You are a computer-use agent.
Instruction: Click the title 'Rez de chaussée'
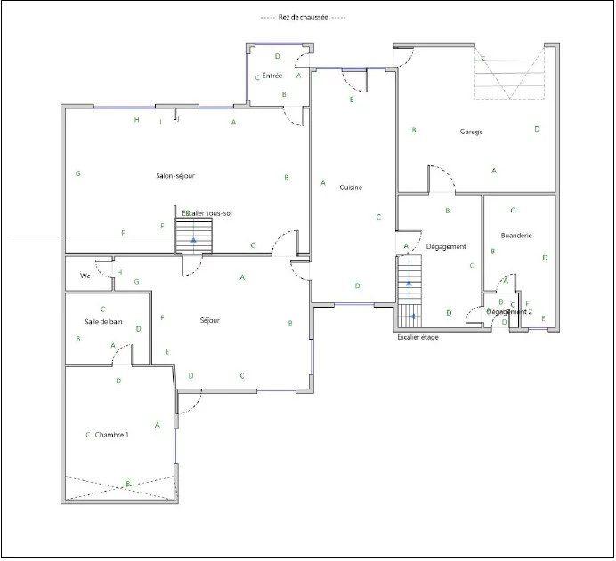[x=303, y=18]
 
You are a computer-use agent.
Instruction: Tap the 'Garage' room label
[x=471, y=132]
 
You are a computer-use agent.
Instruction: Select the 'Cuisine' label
[x=350, y=188]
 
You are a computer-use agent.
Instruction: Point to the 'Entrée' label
[x=272, y=76]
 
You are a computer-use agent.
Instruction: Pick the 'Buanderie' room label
[x=516, y=236]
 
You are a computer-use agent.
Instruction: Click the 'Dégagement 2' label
[x=509, y=312]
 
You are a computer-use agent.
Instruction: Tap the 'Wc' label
[x=85, y=276]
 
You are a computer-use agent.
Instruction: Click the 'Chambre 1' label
[x=112, y=435]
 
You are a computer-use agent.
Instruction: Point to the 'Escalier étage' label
[x=417, y=337]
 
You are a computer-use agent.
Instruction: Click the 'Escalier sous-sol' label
[x=206, y=213]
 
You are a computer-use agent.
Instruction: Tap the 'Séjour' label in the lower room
[x=209, y=320]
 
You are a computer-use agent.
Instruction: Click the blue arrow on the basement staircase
[x=193, y=240]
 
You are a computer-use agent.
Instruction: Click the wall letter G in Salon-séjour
[x=78, y=173]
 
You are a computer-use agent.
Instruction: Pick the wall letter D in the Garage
[x=537, y=130]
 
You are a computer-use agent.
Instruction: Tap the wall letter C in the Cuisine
[x=378, y=217]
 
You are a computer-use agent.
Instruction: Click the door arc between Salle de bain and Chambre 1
[x=122, y=356]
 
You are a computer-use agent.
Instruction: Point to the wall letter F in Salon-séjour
[x=123, y=233]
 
